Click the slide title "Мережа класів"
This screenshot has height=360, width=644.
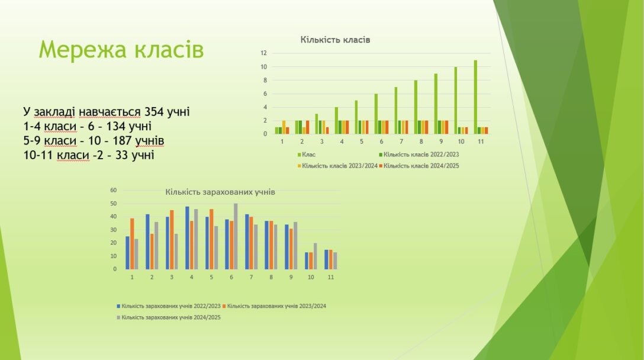click(x=121, y=50)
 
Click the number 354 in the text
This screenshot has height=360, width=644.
click(x=154, y=112)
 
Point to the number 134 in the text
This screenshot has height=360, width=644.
click(x=116, y=126)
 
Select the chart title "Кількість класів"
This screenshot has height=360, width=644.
click(x=335, y=40)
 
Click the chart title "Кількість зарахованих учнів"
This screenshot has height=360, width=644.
click(x=220, y=192)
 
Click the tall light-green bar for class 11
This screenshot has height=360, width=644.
click(x=476, y=97)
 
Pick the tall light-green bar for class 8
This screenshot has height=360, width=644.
click(x=416, y=107)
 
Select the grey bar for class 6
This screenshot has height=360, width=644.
click(x=236, y=236)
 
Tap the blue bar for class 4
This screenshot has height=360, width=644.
click(x=187, y=238)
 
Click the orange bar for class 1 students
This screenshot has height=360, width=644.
click(x=132, y=244)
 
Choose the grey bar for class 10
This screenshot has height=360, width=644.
click(x=315, y=256)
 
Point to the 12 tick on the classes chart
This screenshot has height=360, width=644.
click(x=263, y=53)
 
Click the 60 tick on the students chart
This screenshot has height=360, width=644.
click(x=114, y=190)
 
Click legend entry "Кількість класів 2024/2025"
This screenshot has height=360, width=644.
click(x=419, y=166)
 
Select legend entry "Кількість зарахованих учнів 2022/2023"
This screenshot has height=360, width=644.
click(x=169, y=306)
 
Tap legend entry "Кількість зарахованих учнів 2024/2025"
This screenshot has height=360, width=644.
click(x=169, y=318)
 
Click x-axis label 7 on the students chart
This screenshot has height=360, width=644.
click(x=252, y=277)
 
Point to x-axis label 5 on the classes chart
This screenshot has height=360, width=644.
click(x=362, y=142)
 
